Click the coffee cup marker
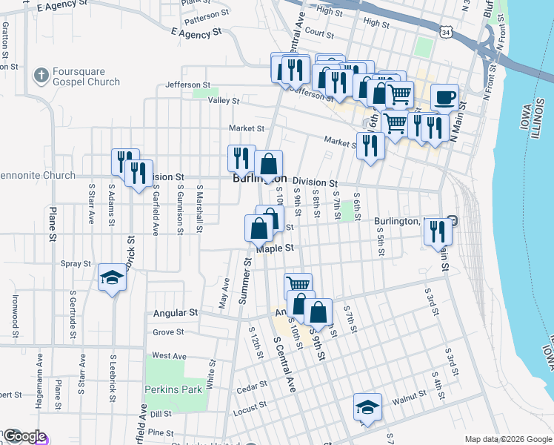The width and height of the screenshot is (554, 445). point(444,98)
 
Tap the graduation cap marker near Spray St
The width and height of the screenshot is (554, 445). point(112,278)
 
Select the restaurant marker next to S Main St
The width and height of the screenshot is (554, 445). point(438,231)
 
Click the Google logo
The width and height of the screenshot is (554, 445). point(24,437)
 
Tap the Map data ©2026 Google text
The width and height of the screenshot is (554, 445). point(507,439)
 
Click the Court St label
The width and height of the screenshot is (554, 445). point(319,33)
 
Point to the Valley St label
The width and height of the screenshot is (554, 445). point(224,100)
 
